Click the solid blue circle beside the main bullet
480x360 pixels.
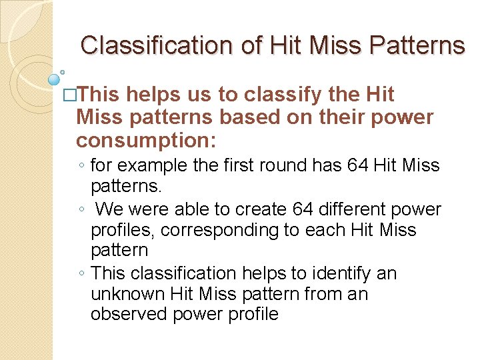coord(55,79)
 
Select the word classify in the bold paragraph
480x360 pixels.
coord(267,94)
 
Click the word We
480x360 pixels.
coord(109,209)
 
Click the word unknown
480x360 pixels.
coord(128,293)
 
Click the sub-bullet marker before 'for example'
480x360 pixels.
coord(80,165)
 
